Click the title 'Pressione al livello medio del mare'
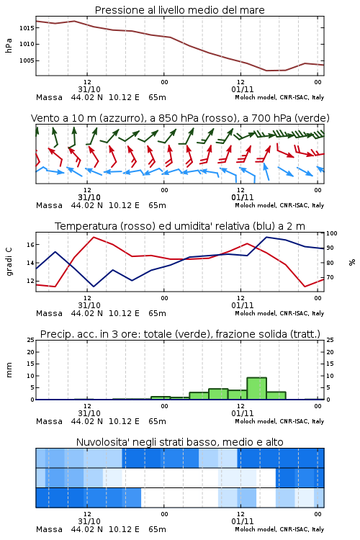point(179,10)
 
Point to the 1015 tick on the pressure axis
point(27,28)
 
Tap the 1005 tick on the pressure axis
point(27,60)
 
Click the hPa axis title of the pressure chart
point(9,45)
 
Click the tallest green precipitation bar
point(256,389)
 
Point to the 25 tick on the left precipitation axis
point(31,340)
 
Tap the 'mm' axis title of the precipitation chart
point(9,370)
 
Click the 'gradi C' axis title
point(9,262)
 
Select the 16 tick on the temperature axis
point(31,245)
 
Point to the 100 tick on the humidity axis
point(332,233)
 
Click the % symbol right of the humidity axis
point(352,262)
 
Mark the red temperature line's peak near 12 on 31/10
point(94,237)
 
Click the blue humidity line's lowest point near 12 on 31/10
point(94,287)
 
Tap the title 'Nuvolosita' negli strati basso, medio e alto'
point(179,442)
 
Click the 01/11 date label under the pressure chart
point(242,89)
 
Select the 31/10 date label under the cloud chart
point(89,521)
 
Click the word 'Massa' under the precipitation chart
point(49,421)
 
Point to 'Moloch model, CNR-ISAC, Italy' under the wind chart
point(279,205)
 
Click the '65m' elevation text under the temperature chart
point(157,313)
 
